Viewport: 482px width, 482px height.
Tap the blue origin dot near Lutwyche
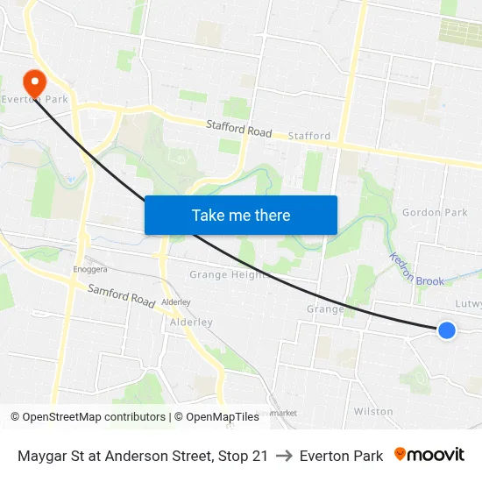click(446, 330)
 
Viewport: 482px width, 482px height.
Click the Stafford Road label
click(238, 130)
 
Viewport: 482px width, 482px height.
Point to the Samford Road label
click(121, 294)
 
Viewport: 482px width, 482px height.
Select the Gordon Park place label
click(435, 212)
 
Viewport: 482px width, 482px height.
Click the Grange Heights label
click(228, 275)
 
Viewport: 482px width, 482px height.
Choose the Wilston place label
click(373, 411)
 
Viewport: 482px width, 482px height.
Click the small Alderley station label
click(176, 302)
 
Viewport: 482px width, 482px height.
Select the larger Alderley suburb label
click(191, 322)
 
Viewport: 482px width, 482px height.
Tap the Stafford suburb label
click(310, 136)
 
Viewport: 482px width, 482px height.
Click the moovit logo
click(429, 455)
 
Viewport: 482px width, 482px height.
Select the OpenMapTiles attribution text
click(216, 417)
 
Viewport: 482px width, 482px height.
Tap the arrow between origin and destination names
click(284, 456)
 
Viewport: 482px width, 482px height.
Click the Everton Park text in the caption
click(341, 456)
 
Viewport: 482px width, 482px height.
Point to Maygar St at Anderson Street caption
click(143, 456)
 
